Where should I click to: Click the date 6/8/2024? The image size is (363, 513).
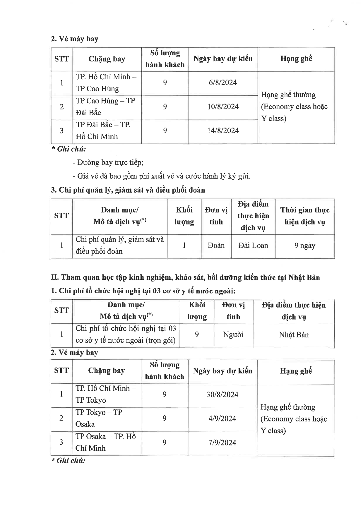coord(223,83)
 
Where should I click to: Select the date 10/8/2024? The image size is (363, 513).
coord(223,107)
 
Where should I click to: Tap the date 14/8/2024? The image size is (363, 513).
coord(223,131)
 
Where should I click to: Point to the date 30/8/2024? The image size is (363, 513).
coord(222,394)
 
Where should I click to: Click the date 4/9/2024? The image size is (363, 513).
coord(222,418)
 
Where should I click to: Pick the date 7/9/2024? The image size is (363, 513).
coord(222,442)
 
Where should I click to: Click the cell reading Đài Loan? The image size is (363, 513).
coord(253,246)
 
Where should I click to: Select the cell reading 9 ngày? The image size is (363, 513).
coord(305,246)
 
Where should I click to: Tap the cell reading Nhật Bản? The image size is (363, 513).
coord(294,335)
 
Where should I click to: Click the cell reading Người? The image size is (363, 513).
coord(233,335)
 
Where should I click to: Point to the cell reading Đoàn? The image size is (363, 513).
coord(216,246)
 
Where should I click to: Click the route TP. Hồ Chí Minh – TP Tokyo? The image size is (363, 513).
coord(106,394)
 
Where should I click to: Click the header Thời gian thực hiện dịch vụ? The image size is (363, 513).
coord(305,216)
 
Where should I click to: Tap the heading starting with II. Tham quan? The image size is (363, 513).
coord(185,277)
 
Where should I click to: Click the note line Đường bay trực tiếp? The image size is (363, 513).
coord(108,162)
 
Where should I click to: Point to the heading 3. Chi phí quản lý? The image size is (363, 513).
coord(128,190)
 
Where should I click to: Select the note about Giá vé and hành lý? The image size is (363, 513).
coord(162,176)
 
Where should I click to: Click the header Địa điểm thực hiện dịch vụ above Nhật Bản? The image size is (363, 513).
coord(294,311)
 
